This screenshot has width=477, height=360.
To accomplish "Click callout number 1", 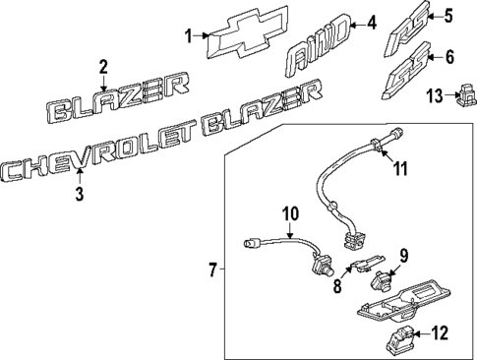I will tap(190, 36).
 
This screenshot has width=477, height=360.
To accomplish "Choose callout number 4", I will tap(372, 22).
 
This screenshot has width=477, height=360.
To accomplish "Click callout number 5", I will tap(448, 15).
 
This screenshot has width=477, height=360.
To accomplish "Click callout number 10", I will tap(290, 213).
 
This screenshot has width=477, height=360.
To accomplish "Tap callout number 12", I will tap(440, 333).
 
